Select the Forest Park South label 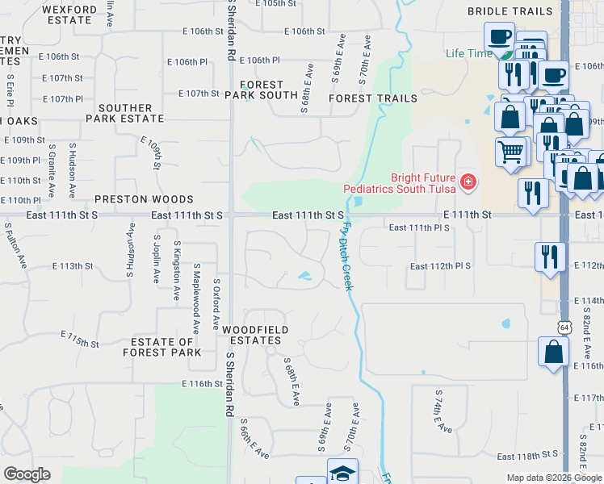[x=261, y=90]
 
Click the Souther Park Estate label [x=125, y=113]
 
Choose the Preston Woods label [x=144, y=199]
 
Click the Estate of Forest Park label [x=161, y=347]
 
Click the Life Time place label [x=468, y=54]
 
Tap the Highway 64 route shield [x=564, y=326]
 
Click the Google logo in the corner [x=27, y=474]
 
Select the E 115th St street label [x=80, y=338]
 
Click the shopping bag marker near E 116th [x=553, y=353]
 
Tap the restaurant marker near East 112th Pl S [x=549, y=256]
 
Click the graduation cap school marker [x=342, y=472]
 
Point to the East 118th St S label [x=528, y=456]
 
